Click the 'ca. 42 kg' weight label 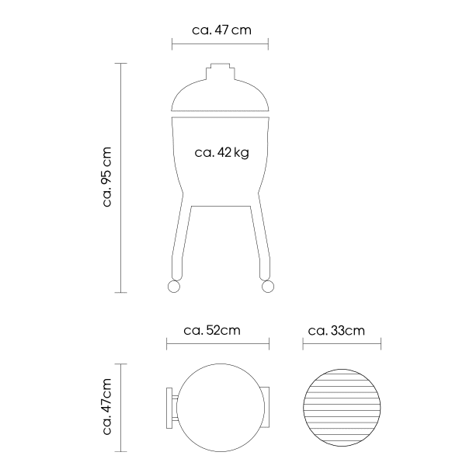[x=221, y=153]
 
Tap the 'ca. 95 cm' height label [x=107, y=177]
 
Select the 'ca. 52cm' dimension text [x=212, y=331]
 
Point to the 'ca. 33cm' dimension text [x=336, y=331]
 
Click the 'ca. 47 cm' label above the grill [x=221, y=30]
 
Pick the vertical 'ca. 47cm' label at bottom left [x=107, y=406]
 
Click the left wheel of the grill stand [x=174, y=287]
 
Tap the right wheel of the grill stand [x=268, y=287]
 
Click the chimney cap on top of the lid [x=221, y=71]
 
